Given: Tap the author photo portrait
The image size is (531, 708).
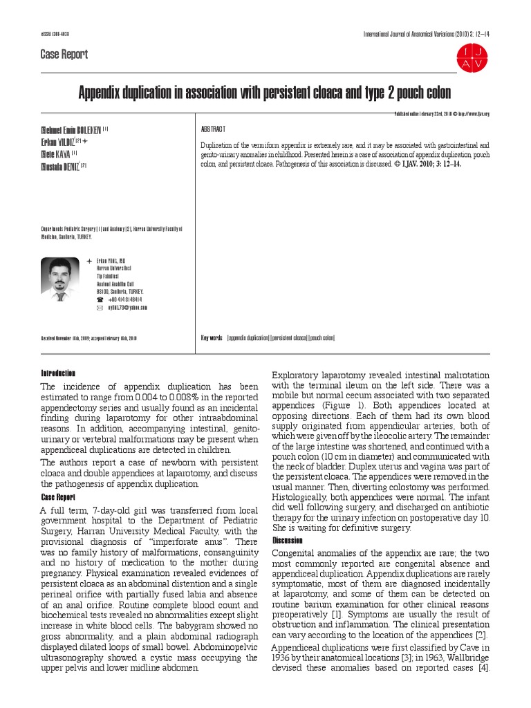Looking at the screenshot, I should click(x=60, y=279).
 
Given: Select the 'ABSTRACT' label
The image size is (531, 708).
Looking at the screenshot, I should click(x=213, y=129).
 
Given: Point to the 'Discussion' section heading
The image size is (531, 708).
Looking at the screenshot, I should click(x=288, y=540).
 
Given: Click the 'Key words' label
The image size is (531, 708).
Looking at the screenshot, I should click(x=212, y=337).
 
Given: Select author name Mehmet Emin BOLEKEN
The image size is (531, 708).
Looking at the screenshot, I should click(x=71, y=130).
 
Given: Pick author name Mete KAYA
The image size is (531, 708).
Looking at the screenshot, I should click(x=56, y=153).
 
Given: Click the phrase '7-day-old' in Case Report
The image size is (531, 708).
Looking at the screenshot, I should click(x=113, y=511).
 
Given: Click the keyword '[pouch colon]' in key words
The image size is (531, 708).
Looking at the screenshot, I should click(x=322, y=337).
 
